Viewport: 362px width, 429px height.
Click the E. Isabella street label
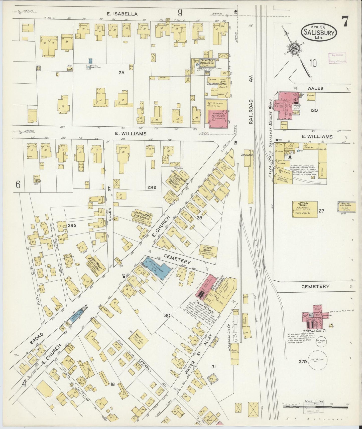(x=122, y=14)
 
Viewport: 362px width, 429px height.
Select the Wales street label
(x=316, y=88)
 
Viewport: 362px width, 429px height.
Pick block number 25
(x=122, y=73)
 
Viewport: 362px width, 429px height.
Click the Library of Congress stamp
(x=337, y=58)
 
